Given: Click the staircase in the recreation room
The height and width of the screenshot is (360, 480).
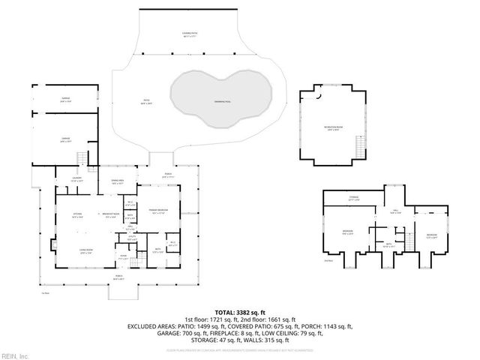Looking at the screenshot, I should click(361, 147).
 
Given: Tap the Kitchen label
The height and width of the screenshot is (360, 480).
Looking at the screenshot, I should click(76, 214).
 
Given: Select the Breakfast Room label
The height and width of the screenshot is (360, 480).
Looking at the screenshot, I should click(112, 214).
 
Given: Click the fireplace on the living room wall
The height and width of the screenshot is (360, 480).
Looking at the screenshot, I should click(52, 244).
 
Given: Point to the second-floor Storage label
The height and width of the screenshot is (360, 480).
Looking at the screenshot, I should click(353, 199).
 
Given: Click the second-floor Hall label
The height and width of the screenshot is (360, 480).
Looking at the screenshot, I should click(395, 213).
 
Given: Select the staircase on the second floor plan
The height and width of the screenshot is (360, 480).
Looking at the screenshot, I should click(408, 240).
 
